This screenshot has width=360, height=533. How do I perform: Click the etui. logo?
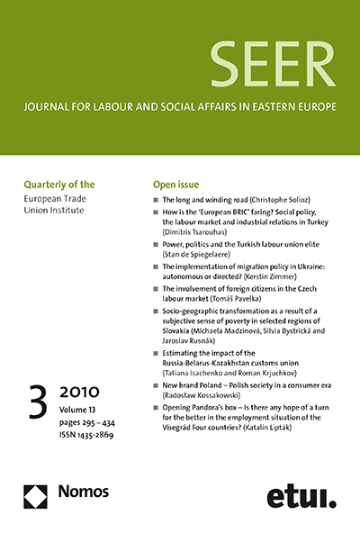(x=298, y=496)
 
